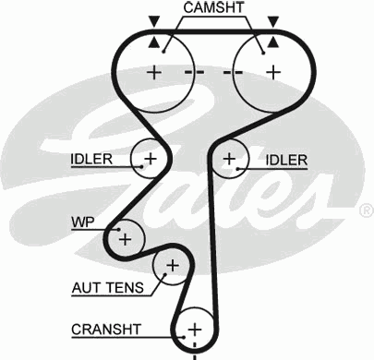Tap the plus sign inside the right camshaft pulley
pos(273,72)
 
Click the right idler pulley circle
pos(229,160)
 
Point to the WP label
pos(82,222)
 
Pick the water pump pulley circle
pos(125,238)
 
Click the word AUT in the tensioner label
pos(87,288)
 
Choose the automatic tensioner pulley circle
pos(171,267)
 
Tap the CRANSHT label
pos(106,329)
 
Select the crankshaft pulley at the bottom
pos(194,329)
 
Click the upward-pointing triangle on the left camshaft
pos(153,42)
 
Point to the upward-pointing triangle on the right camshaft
pos(273,42)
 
